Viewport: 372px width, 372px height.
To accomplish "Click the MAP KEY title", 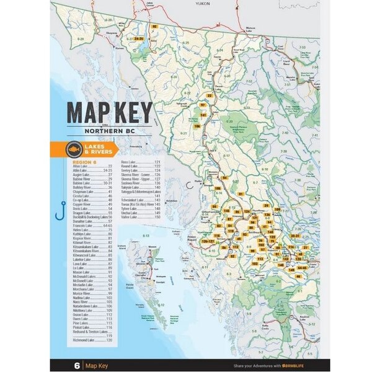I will (x=109, y=112).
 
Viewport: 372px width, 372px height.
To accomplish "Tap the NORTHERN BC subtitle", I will (x=109, y=132).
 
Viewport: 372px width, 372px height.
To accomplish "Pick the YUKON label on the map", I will (x=203, y=3).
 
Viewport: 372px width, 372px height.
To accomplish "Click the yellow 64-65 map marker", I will (x=302, y=268).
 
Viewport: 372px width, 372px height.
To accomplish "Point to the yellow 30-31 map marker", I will (x=295, y=236).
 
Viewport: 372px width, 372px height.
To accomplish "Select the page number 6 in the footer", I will (x=76, y=365).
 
